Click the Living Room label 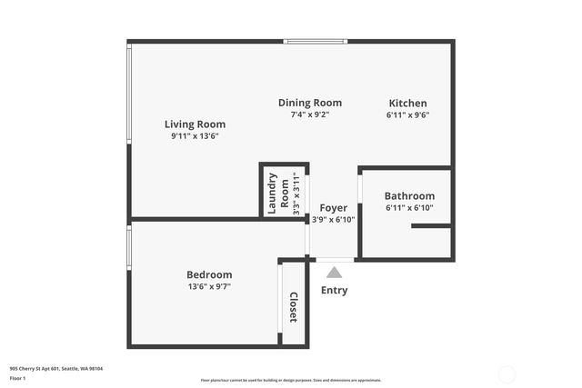coord(195,124)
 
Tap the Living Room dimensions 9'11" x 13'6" coord(195,136)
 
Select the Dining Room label coord(310,103)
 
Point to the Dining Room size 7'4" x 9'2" coord(310,115)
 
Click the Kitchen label coord(407,103)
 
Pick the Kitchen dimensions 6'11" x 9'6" coord(407,115)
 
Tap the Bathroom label coord(409,195)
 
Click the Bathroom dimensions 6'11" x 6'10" coord(409,208)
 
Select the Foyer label coord(333,207)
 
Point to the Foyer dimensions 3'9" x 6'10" coord(333,219)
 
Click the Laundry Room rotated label coord(278,192)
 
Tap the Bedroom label coord(209,274)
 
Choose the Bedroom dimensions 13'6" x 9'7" coord(209,287)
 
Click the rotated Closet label coord(294,307)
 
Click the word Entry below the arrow coord(334,291)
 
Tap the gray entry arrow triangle coord(334,272)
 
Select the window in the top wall coord(316,41)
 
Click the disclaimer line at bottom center coord(291,381)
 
